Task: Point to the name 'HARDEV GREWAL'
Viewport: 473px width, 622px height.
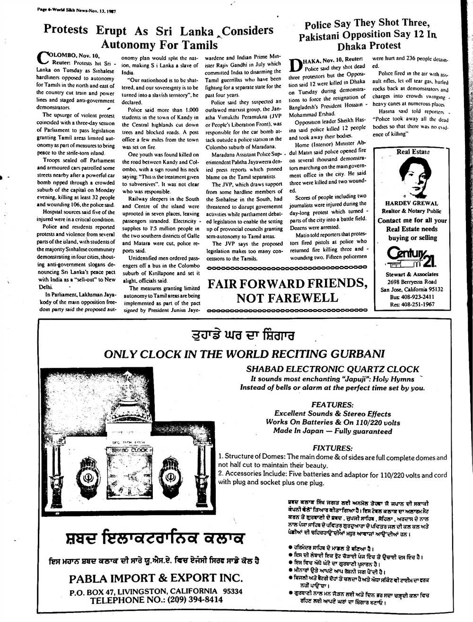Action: [x=410, y=204]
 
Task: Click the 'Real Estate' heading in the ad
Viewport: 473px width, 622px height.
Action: [x=412, y=152]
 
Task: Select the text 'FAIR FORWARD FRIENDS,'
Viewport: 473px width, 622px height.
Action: [x=288, y=284]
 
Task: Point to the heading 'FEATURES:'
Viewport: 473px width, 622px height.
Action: [x=332, y=405]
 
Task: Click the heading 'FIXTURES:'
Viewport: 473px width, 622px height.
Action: [x=333, y=448]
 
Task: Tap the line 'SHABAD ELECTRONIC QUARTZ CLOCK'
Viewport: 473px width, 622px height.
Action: [x=333, y=369]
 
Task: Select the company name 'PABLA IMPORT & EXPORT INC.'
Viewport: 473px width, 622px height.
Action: [x=156, y=578]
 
